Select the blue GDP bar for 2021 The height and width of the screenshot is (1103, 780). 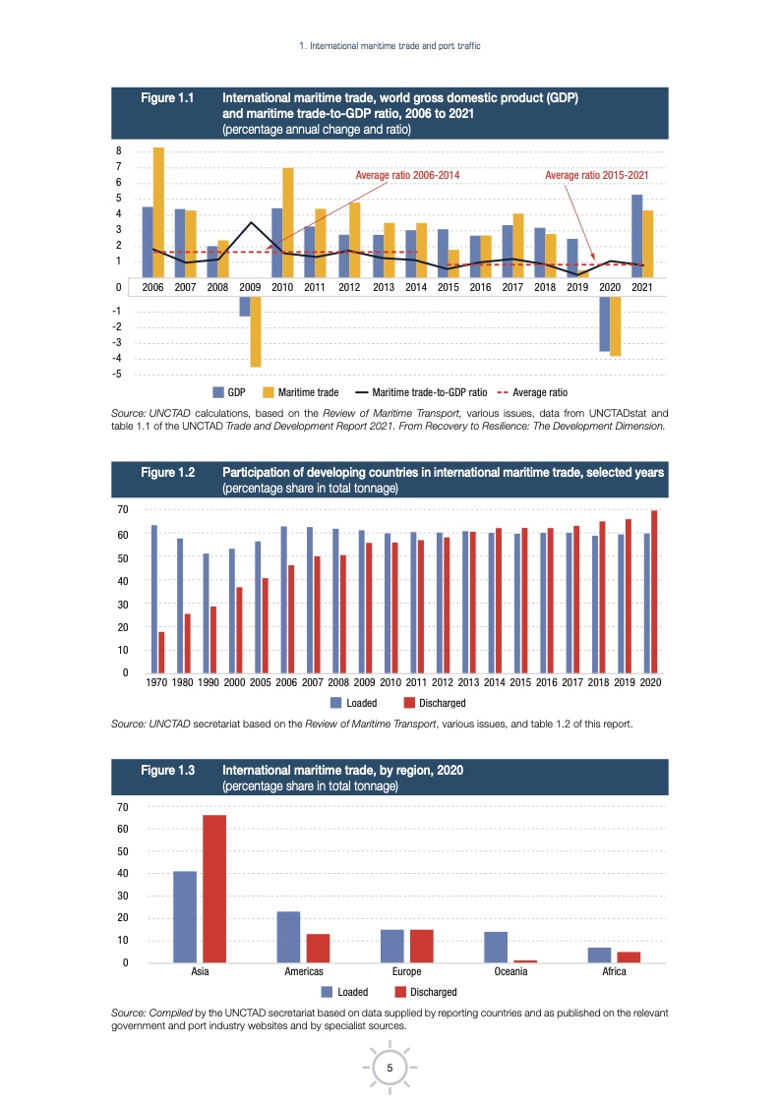(636, 236)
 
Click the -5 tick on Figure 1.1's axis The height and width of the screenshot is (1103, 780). (117, 375)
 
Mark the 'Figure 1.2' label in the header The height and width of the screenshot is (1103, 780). (167, 473)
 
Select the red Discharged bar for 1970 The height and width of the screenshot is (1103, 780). (161, 652)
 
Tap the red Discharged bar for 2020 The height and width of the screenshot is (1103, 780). (655, 592)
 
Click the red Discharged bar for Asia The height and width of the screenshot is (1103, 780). (214, 889)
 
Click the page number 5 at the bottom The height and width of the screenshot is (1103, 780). (390, 1069)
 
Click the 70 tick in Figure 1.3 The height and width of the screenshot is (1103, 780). (122, 807)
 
